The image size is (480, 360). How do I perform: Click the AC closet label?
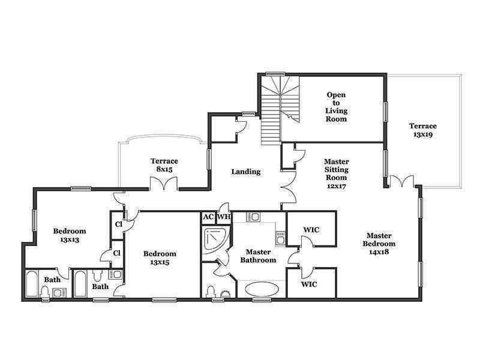[208, 217]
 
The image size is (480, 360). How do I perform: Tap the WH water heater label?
[224, 217]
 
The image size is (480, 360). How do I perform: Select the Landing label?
[246, 172]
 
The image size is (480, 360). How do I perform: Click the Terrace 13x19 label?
[423, 130]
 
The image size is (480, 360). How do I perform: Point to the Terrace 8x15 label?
[164, 165]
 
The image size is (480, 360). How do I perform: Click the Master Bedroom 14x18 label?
[379, 244]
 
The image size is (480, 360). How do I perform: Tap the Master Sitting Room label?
[337, 173]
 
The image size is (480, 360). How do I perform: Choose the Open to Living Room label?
[336, 107]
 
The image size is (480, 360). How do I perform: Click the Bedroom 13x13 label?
[70, 235]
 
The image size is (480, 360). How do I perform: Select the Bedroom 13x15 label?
[160, 258]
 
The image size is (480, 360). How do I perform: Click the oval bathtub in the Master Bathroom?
[262, 289]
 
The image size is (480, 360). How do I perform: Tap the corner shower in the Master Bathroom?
[216, 241]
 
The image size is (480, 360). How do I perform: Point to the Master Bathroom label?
[258, 256]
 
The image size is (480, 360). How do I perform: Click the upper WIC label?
[311, 230]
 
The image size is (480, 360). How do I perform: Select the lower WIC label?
[309, 284]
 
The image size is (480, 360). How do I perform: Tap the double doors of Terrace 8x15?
[164, 184]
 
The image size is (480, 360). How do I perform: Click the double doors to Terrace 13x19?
[401, 181]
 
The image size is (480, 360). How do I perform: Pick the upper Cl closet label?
[118, 224]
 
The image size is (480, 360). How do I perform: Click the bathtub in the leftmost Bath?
[32, 283]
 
